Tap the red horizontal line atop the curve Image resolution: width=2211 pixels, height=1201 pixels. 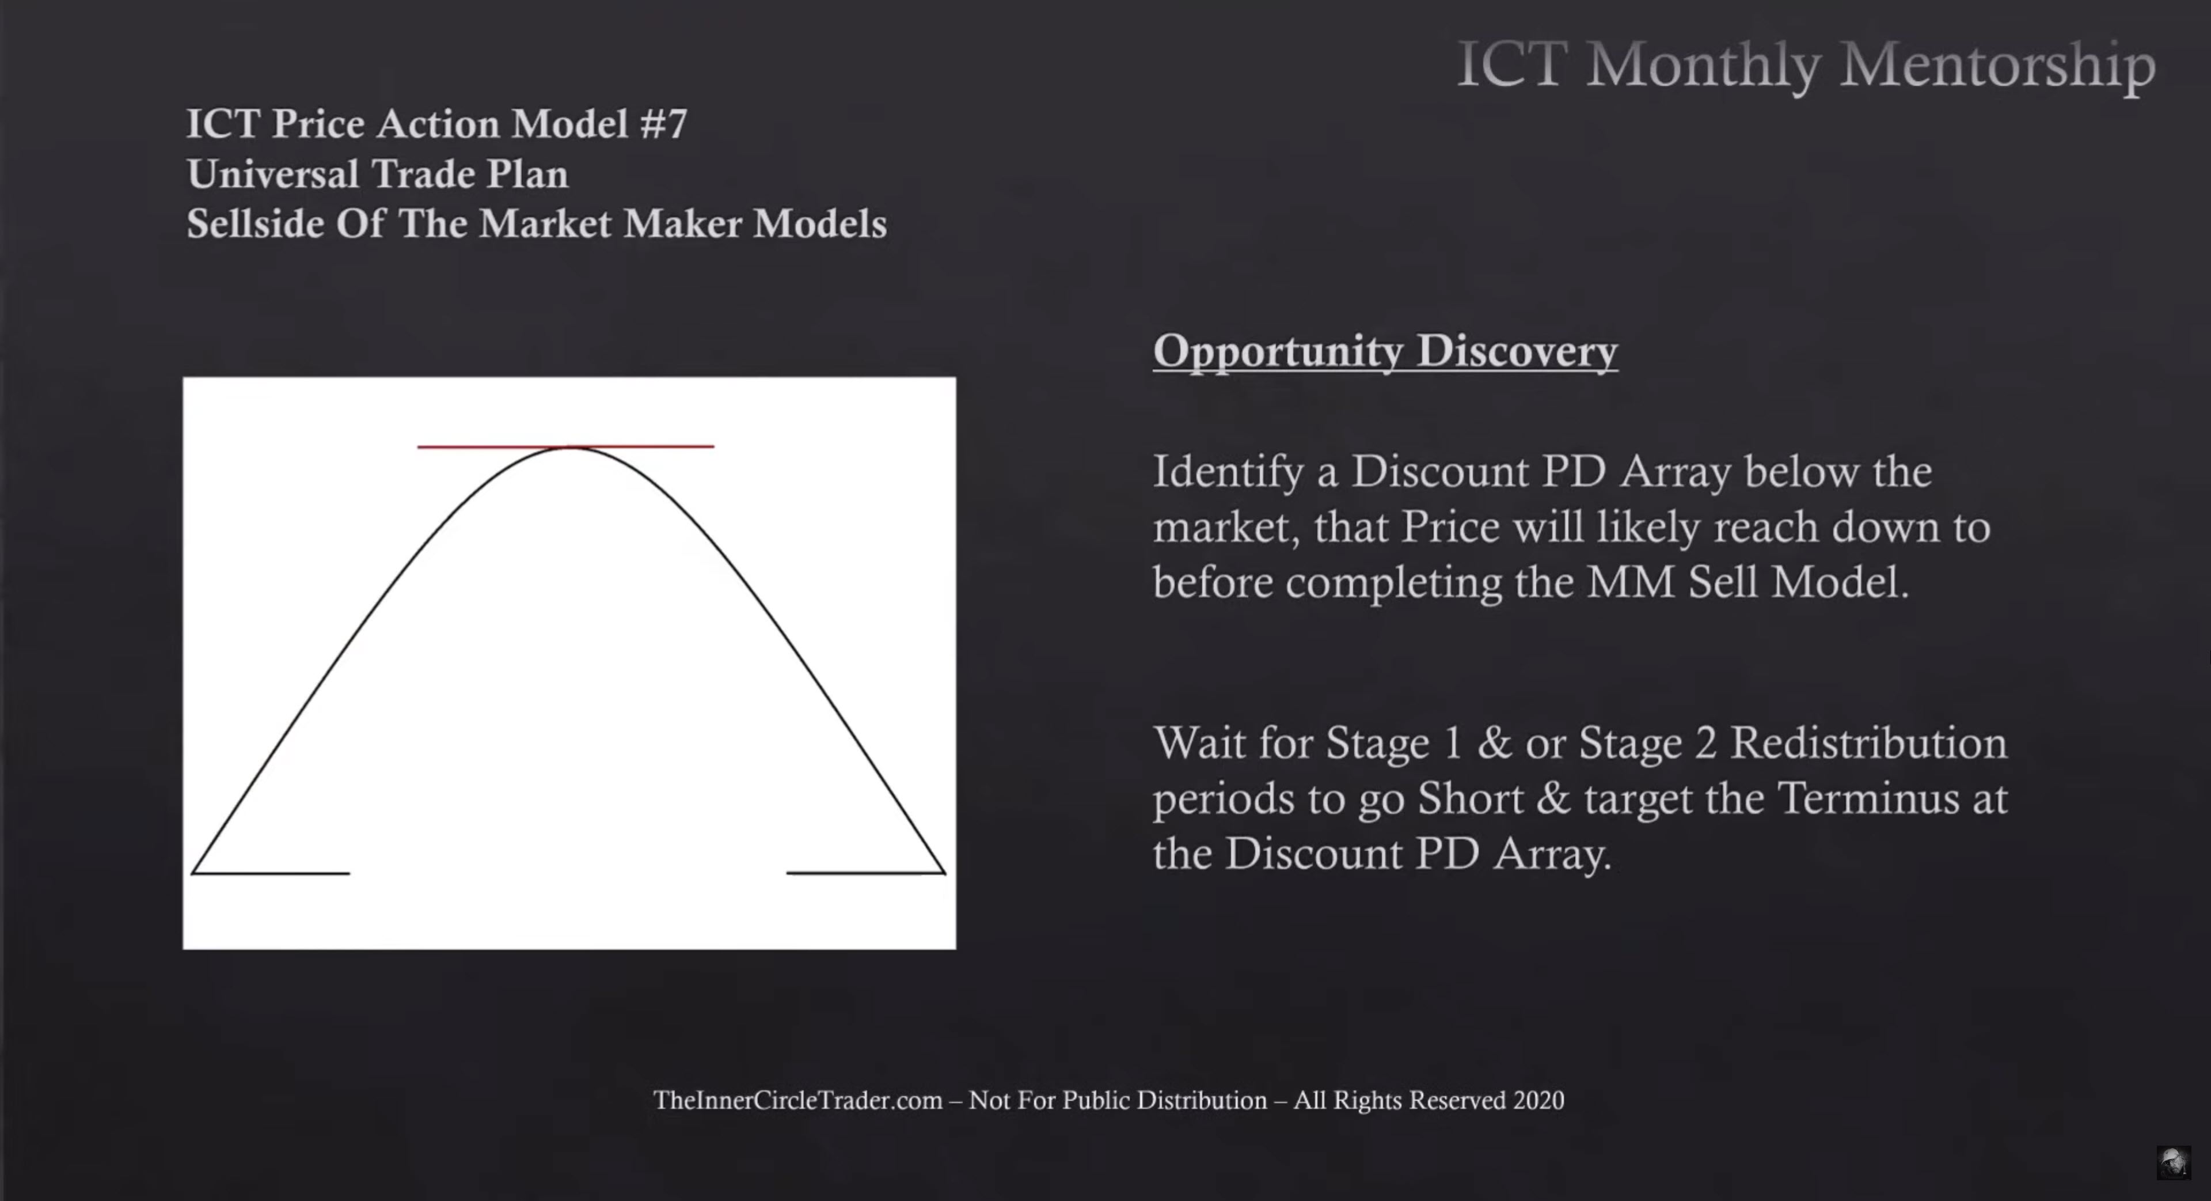click(565, 446)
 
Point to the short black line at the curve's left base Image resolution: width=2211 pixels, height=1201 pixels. click(271, 873)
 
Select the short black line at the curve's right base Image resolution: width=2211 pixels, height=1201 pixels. click(866, 873)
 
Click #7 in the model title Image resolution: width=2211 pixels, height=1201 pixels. click(663, 124)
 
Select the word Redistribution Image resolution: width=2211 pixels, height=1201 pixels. click(1868, 742)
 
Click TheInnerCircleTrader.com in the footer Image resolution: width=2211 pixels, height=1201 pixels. click(797, 1101)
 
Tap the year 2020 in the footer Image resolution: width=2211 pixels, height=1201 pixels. click(1538, 1101)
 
